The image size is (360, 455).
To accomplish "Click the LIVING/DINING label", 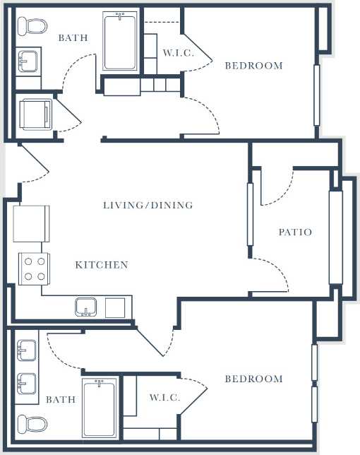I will (148, 206).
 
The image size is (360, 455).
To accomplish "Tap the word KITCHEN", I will (102, 265).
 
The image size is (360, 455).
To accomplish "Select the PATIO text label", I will (294, 232).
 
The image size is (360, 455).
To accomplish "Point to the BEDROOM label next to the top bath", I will (253, 66).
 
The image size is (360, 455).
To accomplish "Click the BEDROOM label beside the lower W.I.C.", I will (253, 379).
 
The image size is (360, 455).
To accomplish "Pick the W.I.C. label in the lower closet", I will (164, 398).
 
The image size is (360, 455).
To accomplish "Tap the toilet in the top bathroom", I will (32, 27).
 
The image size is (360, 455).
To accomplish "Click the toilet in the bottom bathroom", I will (32, 423).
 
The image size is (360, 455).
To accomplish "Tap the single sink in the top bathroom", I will (28, 60).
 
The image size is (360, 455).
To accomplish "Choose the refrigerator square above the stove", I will (32, 223).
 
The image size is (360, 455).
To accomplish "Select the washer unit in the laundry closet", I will (32, 112).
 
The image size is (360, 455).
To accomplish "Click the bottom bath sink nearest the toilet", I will (28, 385).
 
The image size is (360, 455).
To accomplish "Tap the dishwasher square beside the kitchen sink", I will (115, 307).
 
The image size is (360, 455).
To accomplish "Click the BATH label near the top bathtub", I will (73, 37).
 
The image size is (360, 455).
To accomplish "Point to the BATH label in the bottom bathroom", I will (61, 399).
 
